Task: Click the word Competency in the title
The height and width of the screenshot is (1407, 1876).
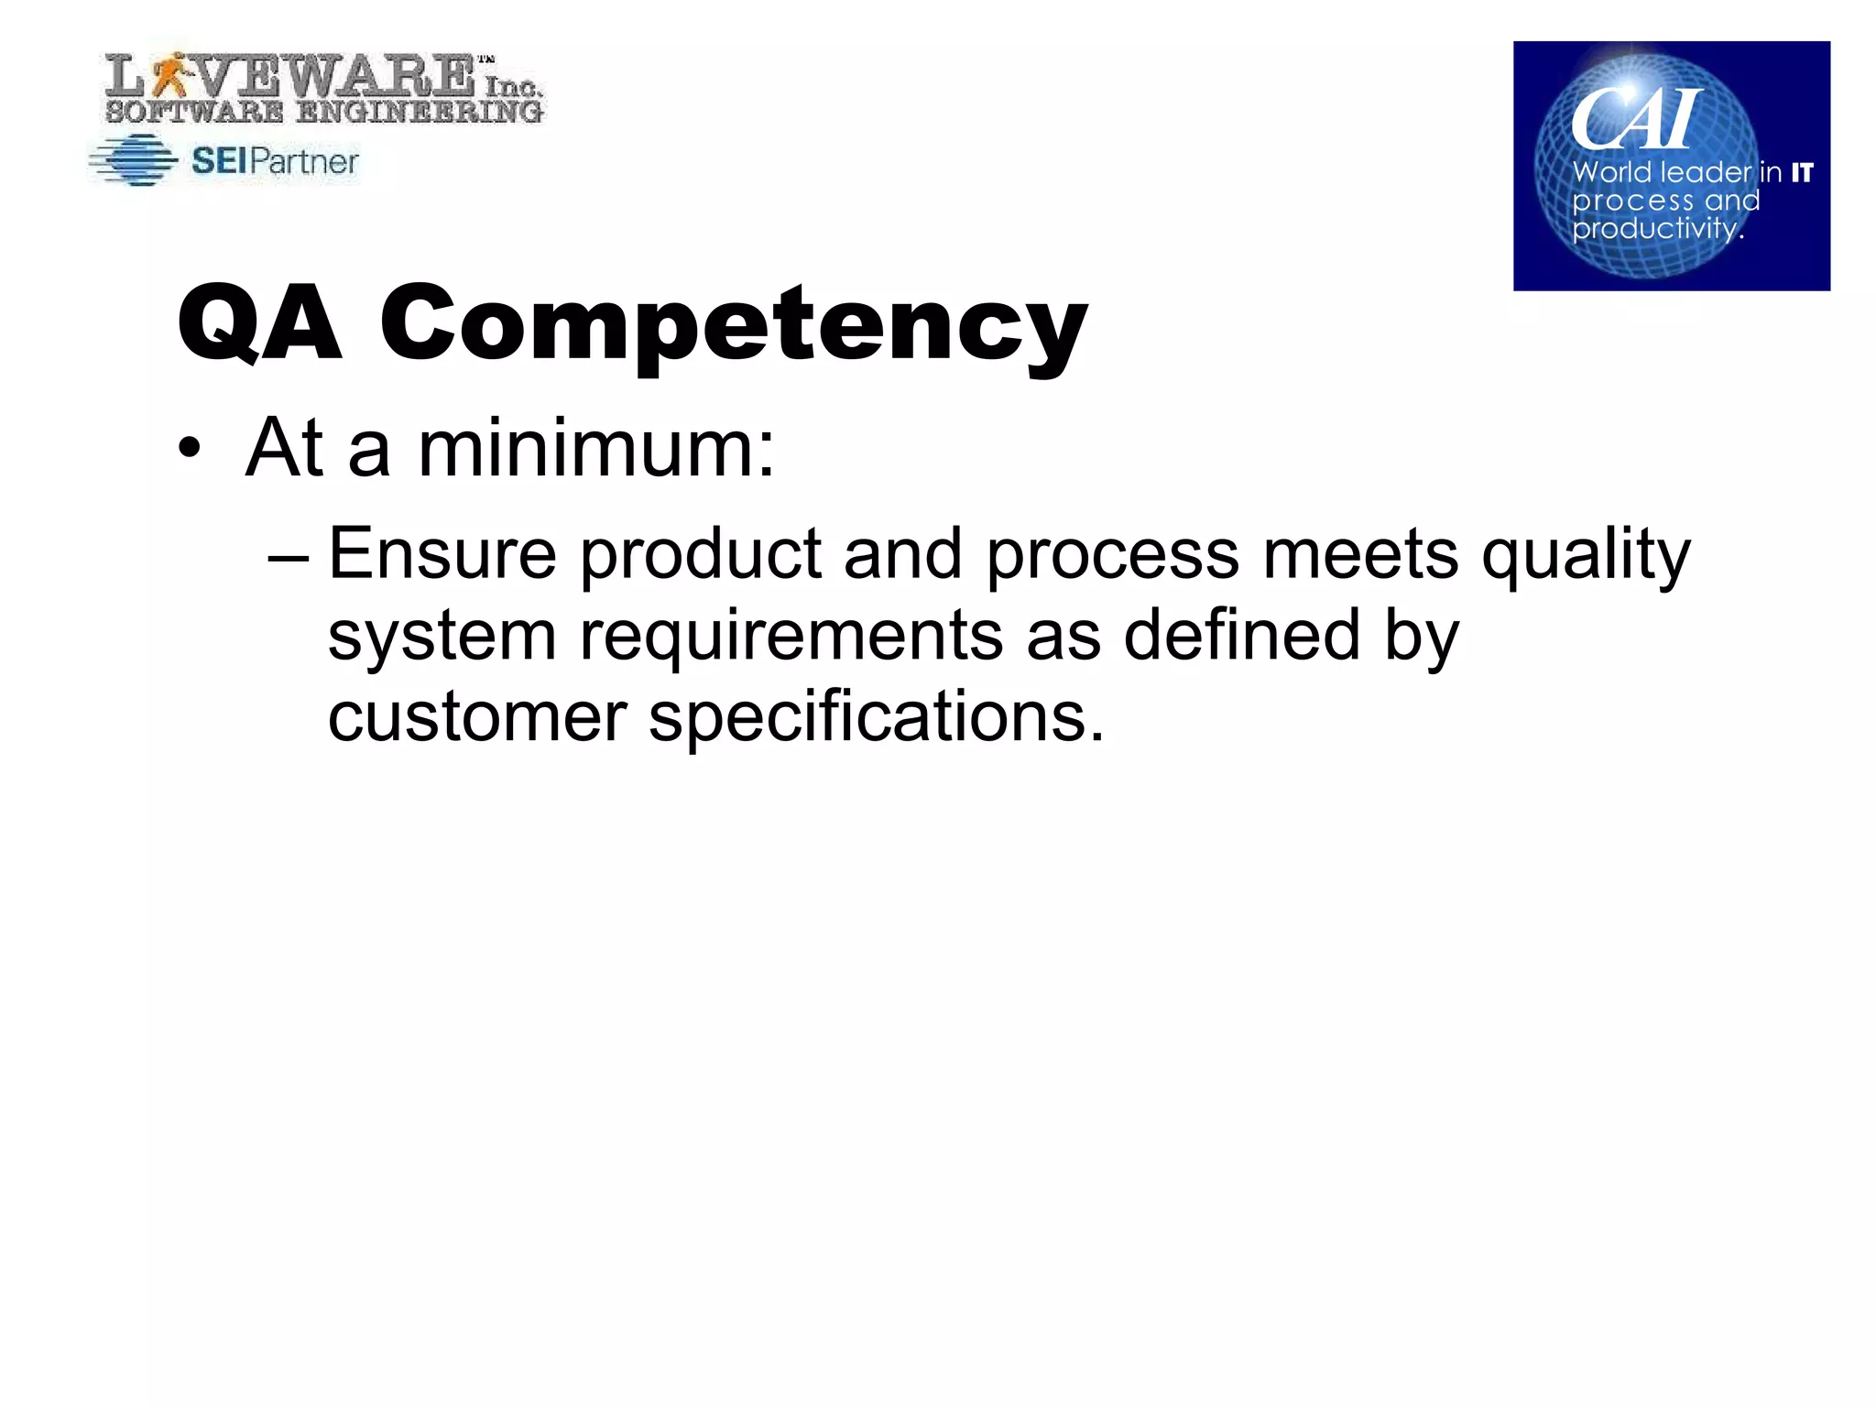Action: (x=734, y=325)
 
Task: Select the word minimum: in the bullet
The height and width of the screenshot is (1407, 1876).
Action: (x=596, y=449)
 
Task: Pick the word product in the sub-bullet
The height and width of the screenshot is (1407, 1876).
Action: (x=701, y=555)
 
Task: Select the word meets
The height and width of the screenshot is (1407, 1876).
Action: (x=1360, y=553)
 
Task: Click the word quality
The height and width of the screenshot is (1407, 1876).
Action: (x=1586, y=555)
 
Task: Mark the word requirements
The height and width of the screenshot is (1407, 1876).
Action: (x=791, y=637)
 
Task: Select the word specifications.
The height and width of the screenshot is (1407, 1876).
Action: (x=876, y=719)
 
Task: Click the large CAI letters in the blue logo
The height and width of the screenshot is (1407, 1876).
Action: (x=1636, y=119)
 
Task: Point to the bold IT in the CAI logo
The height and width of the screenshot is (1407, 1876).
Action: (x=1802, y=172)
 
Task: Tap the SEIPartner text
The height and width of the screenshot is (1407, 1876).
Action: (x=275, y=161)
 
